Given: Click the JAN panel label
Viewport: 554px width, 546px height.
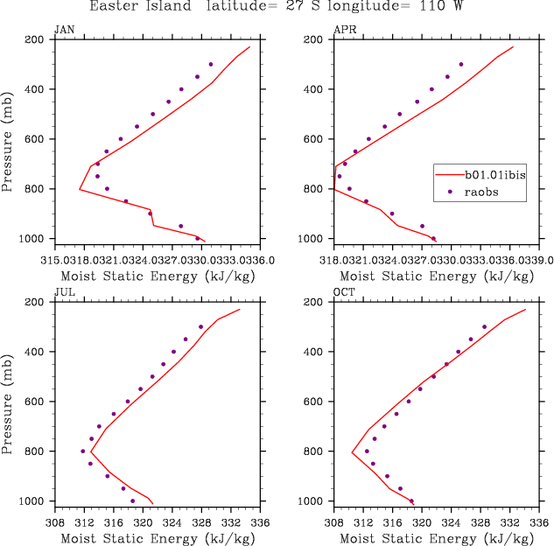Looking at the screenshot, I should coord(64,30).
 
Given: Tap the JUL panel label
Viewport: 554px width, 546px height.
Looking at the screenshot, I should coord(64,292).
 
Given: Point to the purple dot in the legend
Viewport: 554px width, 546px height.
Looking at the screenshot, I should coord(450,191).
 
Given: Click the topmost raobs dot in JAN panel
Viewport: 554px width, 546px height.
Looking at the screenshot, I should coord(210,65).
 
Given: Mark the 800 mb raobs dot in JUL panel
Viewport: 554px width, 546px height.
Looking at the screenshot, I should coord(83,451).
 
